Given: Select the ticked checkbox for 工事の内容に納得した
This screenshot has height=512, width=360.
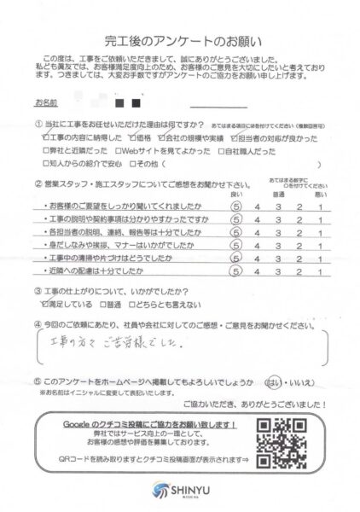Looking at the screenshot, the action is [45, 137].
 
